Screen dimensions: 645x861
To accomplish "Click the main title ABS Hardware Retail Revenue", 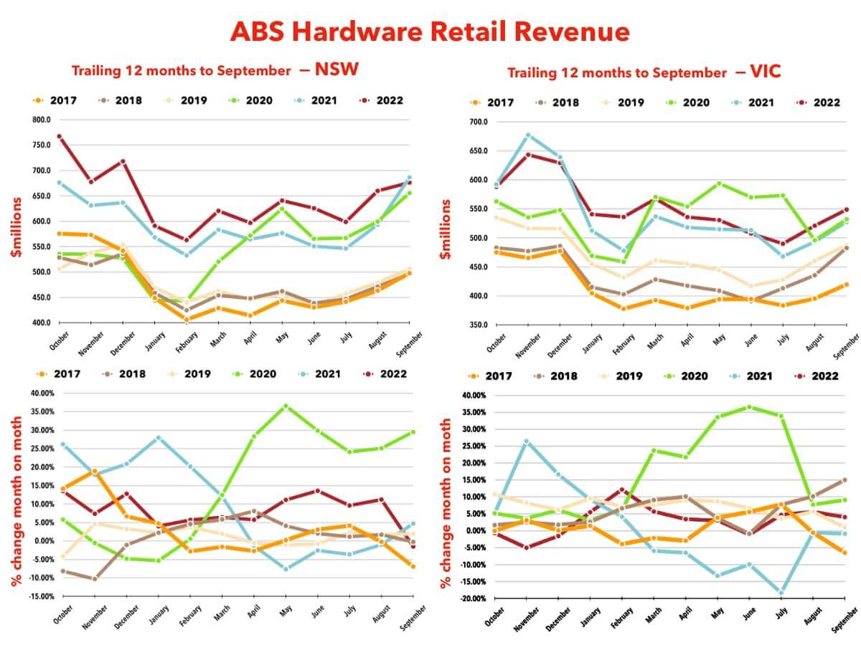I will click(x=430, y=32).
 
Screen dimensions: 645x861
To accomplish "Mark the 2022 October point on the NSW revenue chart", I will click(x=59, y=136).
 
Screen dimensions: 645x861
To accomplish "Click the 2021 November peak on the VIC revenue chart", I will click(x=528, y=135).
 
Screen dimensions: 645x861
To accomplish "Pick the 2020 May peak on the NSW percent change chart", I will click(x=286, y=406).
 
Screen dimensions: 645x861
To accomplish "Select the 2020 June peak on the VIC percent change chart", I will click(x=748, y=407).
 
